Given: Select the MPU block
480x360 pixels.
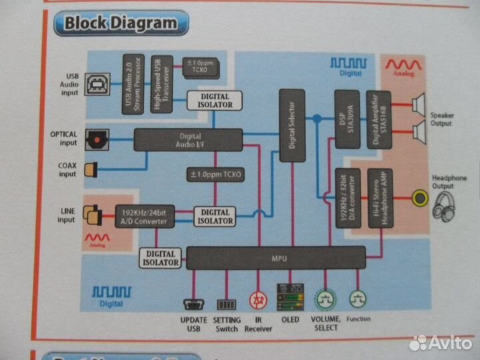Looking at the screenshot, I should pyautogui.click(x=275, y=257).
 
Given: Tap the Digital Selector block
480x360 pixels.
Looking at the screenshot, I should pyautogui.click(x=291, y=125).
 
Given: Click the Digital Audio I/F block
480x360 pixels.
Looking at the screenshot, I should pyautogui.click(x=188, y=141).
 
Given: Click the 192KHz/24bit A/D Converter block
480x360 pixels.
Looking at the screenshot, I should pyautogui.click(x=145, y=215).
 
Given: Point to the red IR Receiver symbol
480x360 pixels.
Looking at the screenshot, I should pyautogui.click(x=257, y=299).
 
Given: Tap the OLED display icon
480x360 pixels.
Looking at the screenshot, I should pyautogui.click(x=290, y=297).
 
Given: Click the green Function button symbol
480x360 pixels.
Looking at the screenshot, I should pyautogui.click(x=358, y=298).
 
